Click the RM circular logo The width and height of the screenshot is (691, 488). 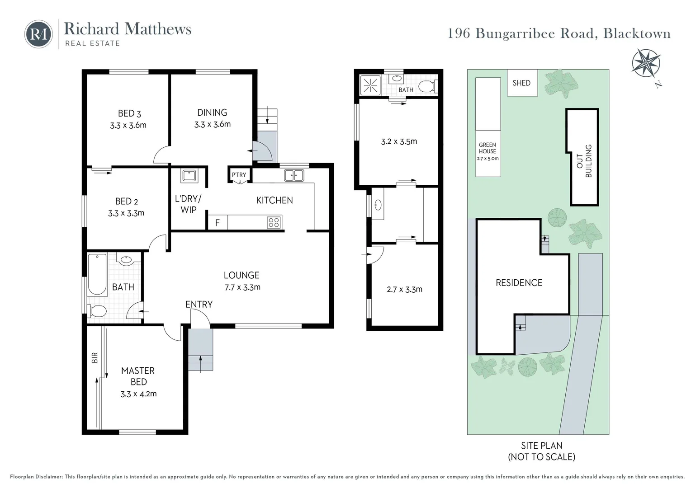[38, 34]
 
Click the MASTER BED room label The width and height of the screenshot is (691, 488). [138, 376]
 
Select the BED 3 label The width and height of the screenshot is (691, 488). [129, 113]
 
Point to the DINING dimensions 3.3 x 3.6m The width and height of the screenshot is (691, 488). [212, 124]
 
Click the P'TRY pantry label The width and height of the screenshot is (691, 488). [239, 175]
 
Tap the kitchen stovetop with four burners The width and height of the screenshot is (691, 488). [274, 222]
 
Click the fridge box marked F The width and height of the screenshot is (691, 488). [218, 223]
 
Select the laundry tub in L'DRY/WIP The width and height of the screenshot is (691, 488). [189, 175]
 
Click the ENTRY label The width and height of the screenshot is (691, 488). [199, 305]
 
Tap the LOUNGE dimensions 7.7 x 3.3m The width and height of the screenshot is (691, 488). [242, 287]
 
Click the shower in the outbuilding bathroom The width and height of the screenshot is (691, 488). [370, 84]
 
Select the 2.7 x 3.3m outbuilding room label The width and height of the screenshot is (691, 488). [404, 289]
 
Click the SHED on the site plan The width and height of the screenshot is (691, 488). [521, 83]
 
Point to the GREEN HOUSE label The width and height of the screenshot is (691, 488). [487, 148]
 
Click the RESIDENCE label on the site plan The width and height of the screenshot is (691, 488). [519, 283]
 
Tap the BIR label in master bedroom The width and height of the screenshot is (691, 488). [95, 358]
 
